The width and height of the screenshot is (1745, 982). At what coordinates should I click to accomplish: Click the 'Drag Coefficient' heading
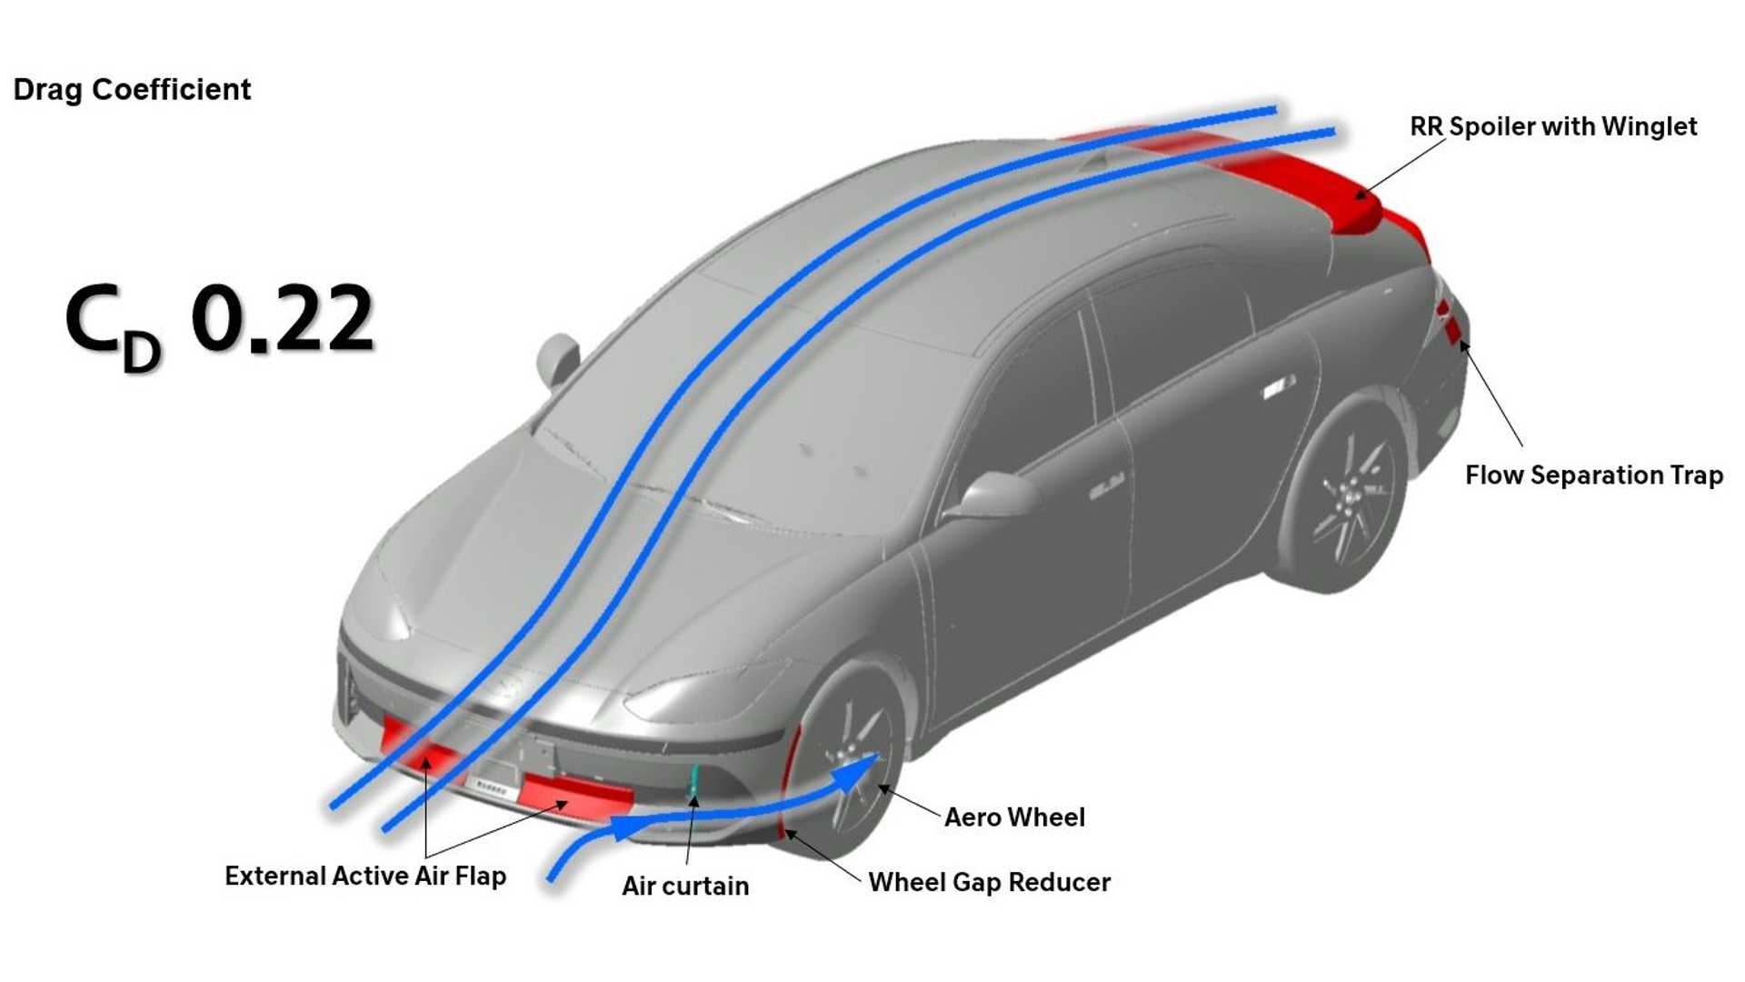point(132,89)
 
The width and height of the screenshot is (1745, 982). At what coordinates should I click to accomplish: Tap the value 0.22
point(282,318)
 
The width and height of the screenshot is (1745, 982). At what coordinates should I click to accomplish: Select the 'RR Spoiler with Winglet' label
point(1553,126)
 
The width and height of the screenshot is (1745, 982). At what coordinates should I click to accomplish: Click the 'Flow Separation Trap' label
point(1594,475)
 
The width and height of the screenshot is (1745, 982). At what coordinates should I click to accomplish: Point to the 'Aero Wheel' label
point(1014,817)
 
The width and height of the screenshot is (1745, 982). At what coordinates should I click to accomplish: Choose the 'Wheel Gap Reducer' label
point(989,882)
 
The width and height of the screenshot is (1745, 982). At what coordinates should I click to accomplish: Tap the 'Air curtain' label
point(685,886)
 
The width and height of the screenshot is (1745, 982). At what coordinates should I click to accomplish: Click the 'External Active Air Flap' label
point(365,876)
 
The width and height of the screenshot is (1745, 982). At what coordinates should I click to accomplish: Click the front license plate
point(492,787)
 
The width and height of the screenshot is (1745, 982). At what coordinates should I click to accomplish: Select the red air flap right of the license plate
point(577,793)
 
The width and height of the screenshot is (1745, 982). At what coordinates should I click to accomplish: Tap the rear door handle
point(1279,387)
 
